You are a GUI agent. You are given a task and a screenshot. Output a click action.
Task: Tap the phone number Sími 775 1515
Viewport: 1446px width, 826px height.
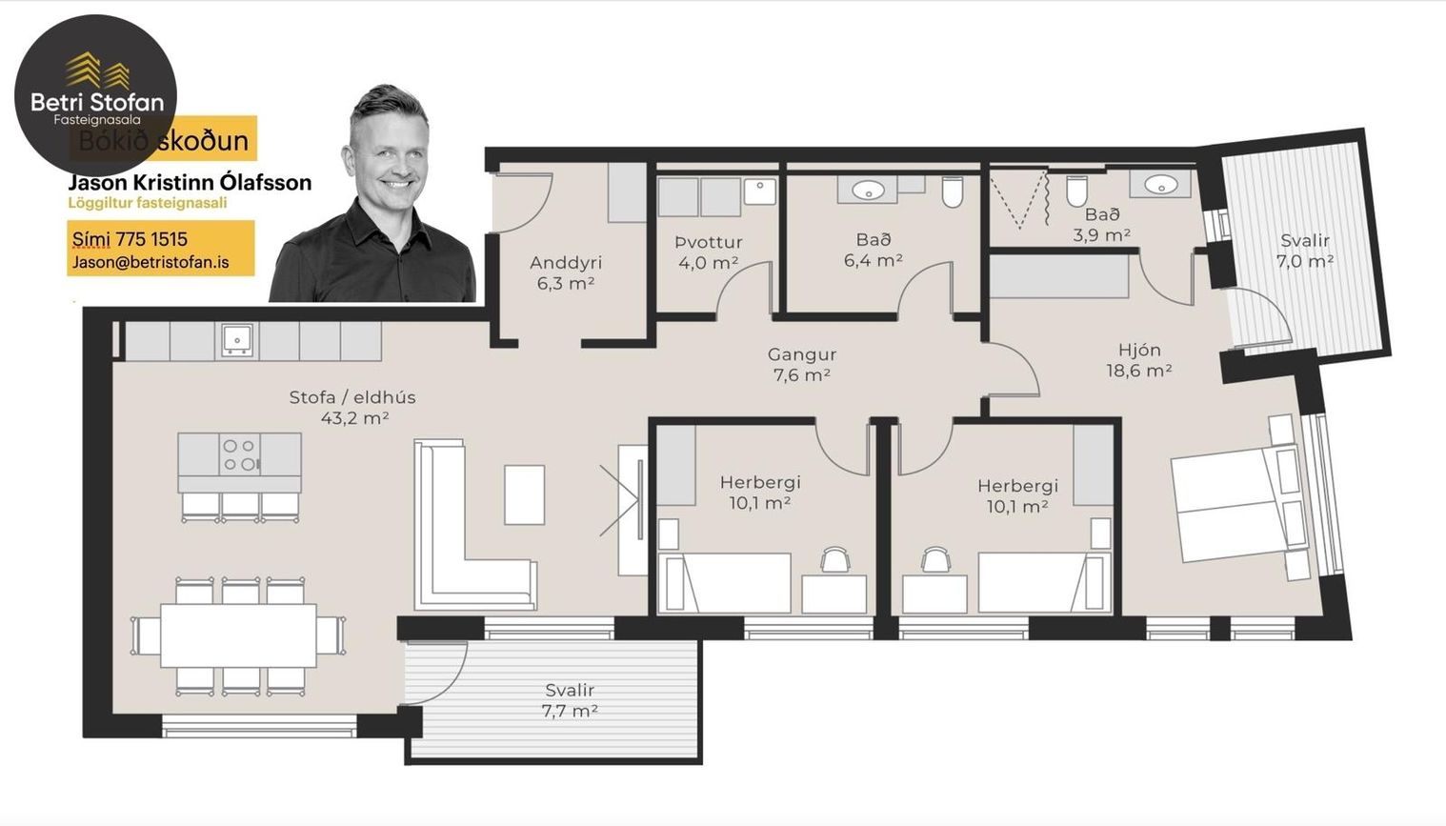131,239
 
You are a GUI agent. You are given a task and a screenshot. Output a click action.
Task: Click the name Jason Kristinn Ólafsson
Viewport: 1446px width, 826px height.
190,182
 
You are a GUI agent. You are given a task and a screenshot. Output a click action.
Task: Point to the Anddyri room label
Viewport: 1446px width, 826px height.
566,272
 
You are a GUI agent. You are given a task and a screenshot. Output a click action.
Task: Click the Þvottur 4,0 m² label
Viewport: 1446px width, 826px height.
708,252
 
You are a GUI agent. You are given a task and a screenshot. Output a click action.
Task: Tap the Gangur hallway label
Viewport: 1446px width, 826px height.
802,364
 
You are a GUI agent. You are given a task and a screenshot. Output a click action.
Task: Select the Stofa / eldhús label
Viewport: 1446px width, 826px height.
352,407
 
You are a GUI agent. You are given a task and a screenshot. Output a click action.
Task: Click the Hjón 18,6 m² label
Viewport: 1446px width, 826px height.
1139,360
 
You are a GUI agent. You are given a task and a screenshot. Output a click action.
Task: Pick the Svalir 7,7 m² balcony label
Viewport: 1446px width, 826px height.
570,699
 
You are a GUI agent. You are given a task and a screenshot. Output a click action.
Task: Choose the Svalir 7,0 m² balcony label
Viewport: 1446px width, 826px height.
1304,250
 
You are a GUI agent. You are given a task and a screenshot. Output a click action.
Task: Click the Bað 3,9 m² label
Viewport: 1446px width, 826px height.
1102,224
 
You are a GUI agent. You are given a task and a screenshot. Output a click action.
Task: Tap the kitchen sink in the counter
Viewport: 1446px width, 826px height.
237,339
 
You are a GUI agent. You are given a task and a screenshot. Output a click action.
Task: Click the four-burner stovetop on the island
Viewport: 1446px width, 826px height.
239,454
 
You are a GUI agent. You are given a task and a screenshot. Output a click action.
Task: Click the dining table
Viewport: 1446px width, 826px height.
238,635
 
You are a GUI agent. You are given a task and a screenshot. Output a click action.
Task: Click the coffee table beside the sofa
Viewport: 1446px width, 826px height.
524,494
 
